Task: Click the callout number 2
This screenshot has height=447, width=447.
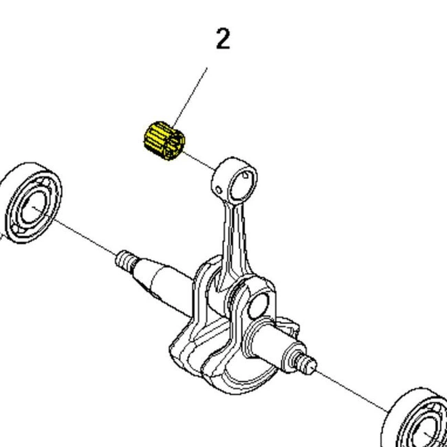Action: (222, 40)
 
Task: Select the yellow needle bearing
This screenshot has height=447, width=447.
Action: (164, 140)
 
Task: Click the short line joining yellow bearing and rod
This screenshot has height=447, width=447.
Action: (201, 163)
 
